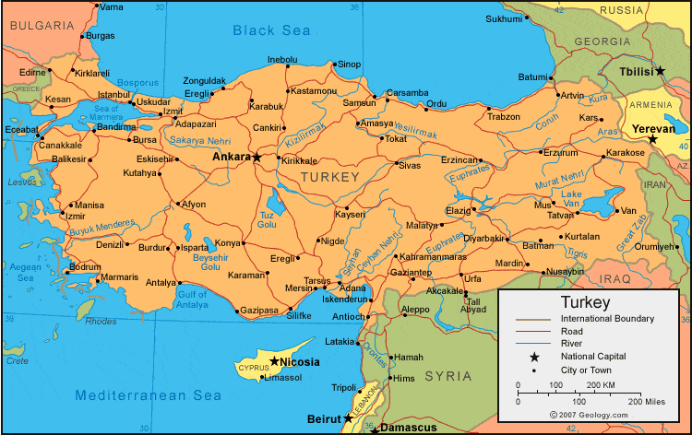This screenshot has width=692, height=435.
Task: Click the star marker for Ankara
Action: click(x=257, y=158)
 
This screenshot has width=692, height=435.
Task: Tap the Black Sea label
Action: click(x=271, y=31)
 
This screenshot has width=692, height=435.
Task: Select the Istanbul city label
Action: click(x=114, y=94)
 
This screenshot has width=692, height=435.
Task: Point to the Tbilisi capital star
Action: click(x=660, y=71)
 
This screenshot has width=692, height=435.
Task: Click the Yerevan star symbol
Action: click(x=652, y=140)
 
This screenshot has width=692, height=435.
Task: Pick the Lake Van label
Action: click(x=572, y=198)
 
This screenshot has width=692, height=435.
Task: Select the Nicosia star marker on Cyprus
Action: click(x=275, y=360)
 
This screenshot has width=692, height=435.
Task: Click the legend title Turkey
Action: click(x=586, y=302)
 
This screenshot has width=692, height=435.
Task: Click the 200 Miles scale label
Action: click(x=645, y=403)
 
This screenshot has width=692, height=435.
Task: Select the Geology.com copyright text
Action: click(x=588, y=416)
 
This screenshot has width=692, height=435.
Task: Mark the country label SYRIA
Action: click(x=449, y=376)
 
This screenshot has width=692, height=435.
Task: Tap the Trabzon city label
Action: click(x=504, y=117)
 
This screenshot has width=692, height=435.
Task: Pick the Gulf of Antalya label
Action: click(x=192, y=299)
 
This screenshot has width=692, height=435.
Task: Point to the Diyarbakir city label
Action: click(x=484, y=238)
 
